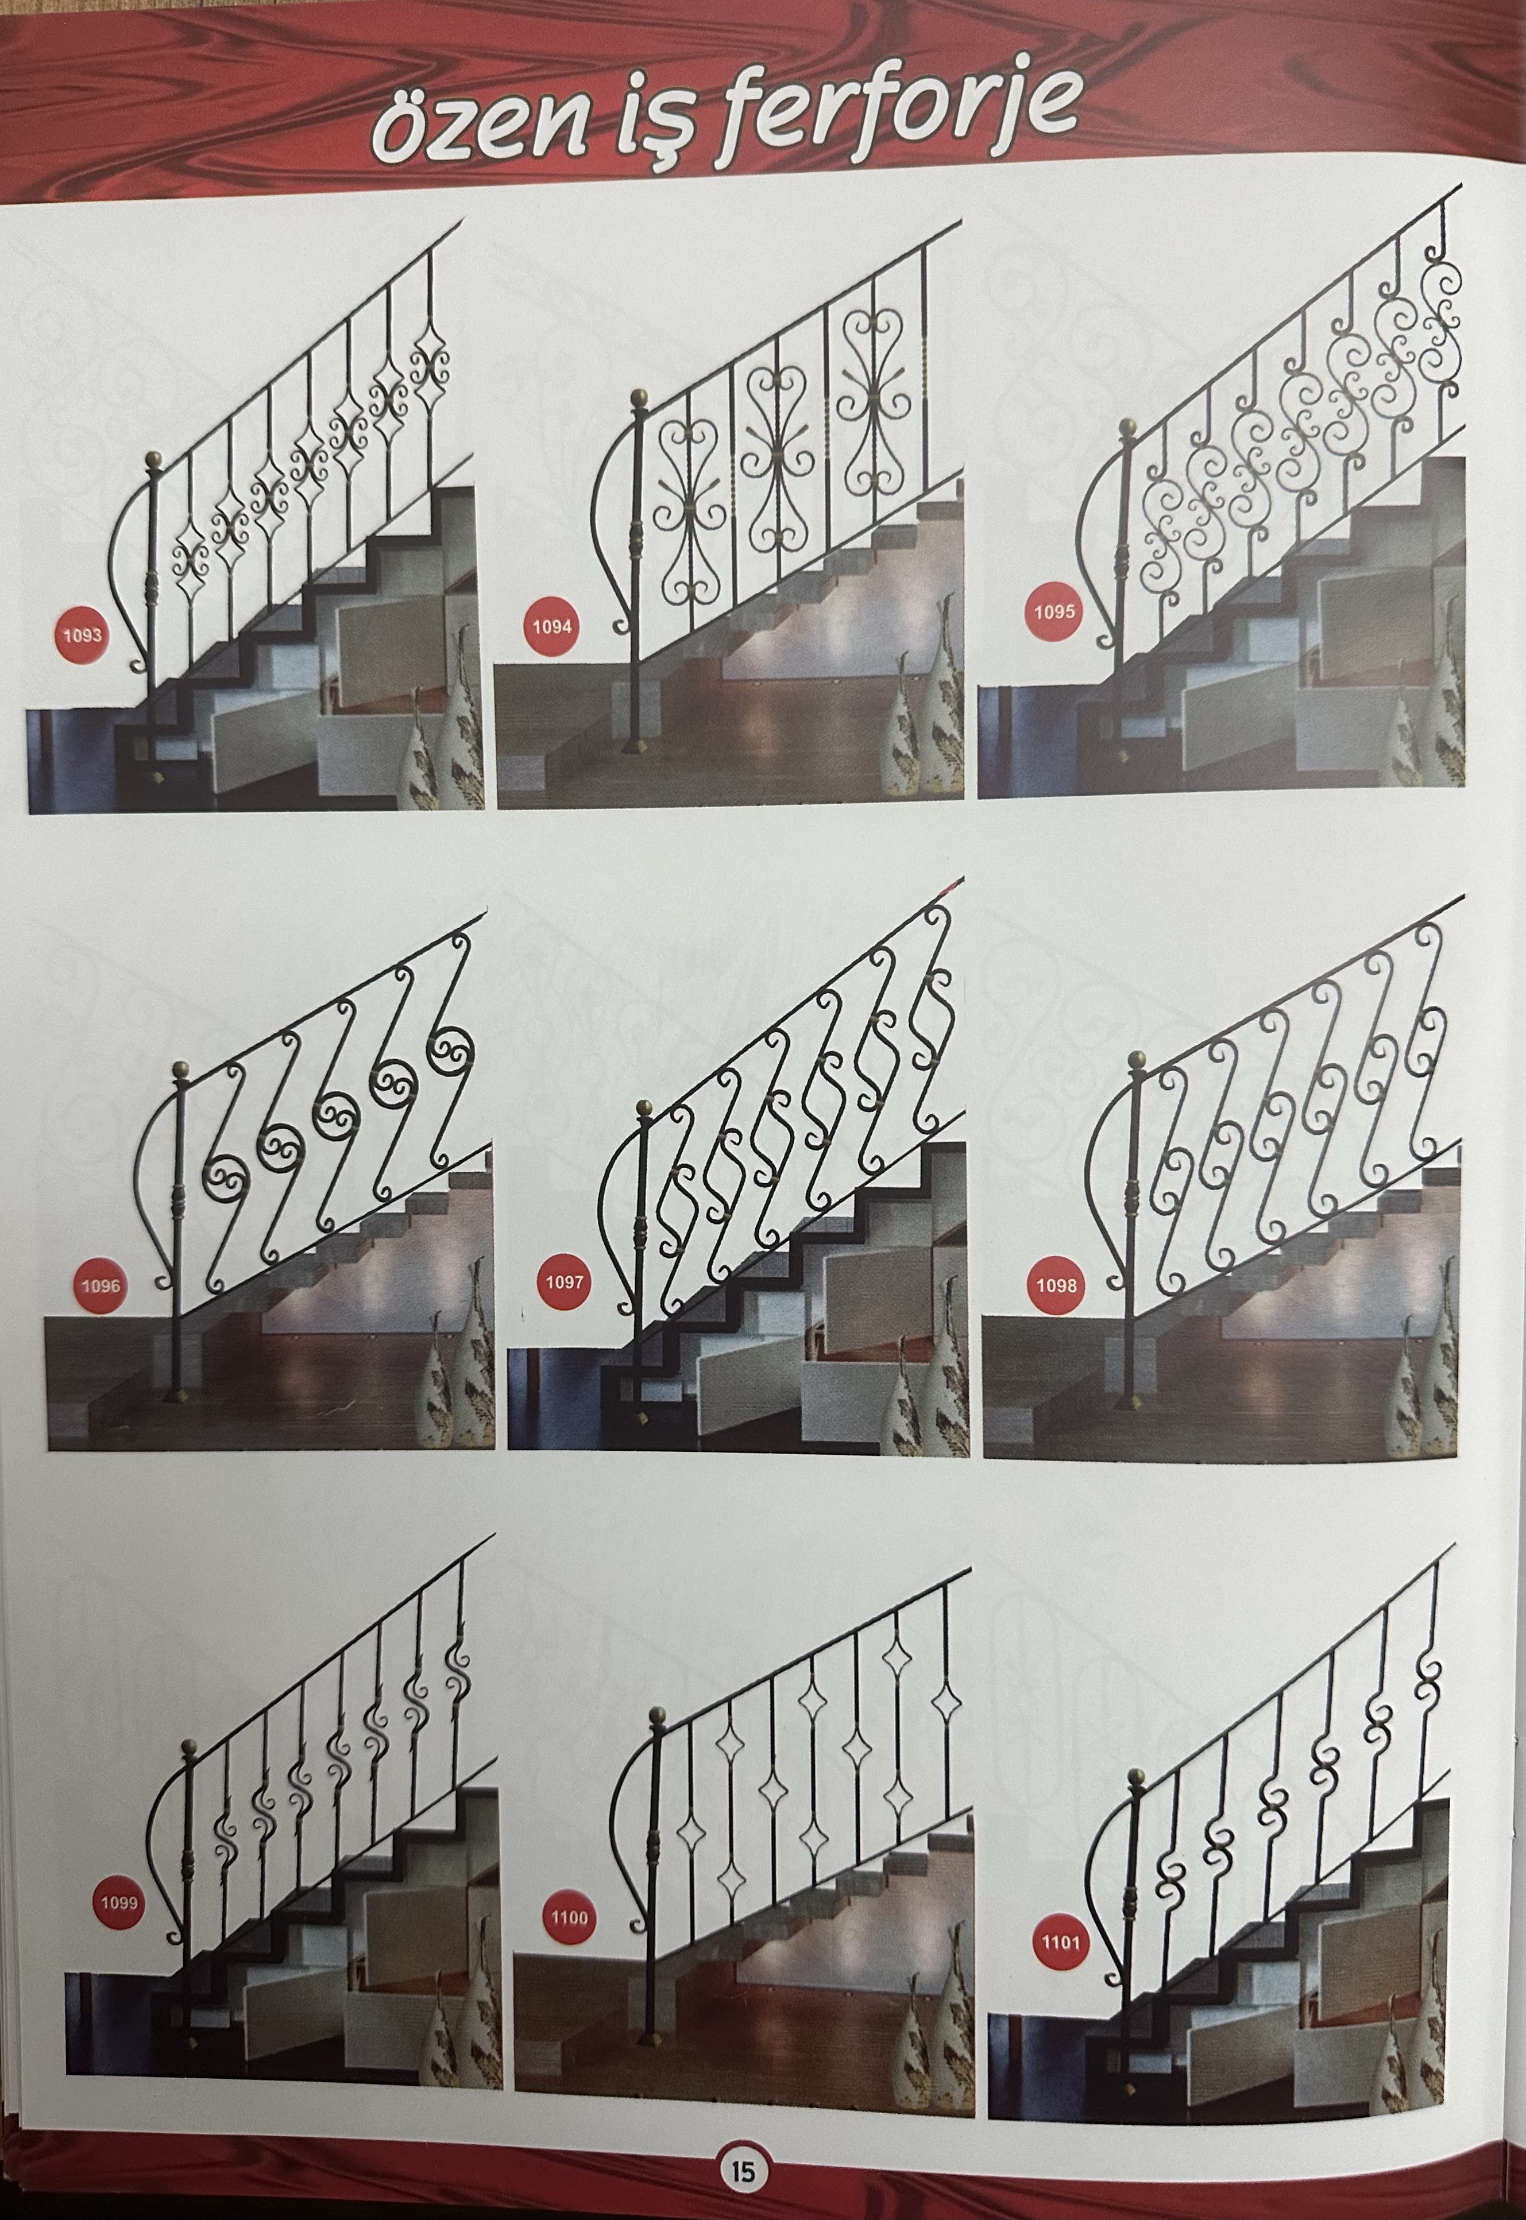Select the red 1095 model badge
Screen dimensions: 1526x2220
(x=1053, y=611)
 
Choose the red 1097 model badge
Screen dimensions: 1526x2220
(x=563, y=1281)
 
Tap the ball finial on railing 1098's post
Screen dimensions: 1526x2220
(x=1137, y=1060)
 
